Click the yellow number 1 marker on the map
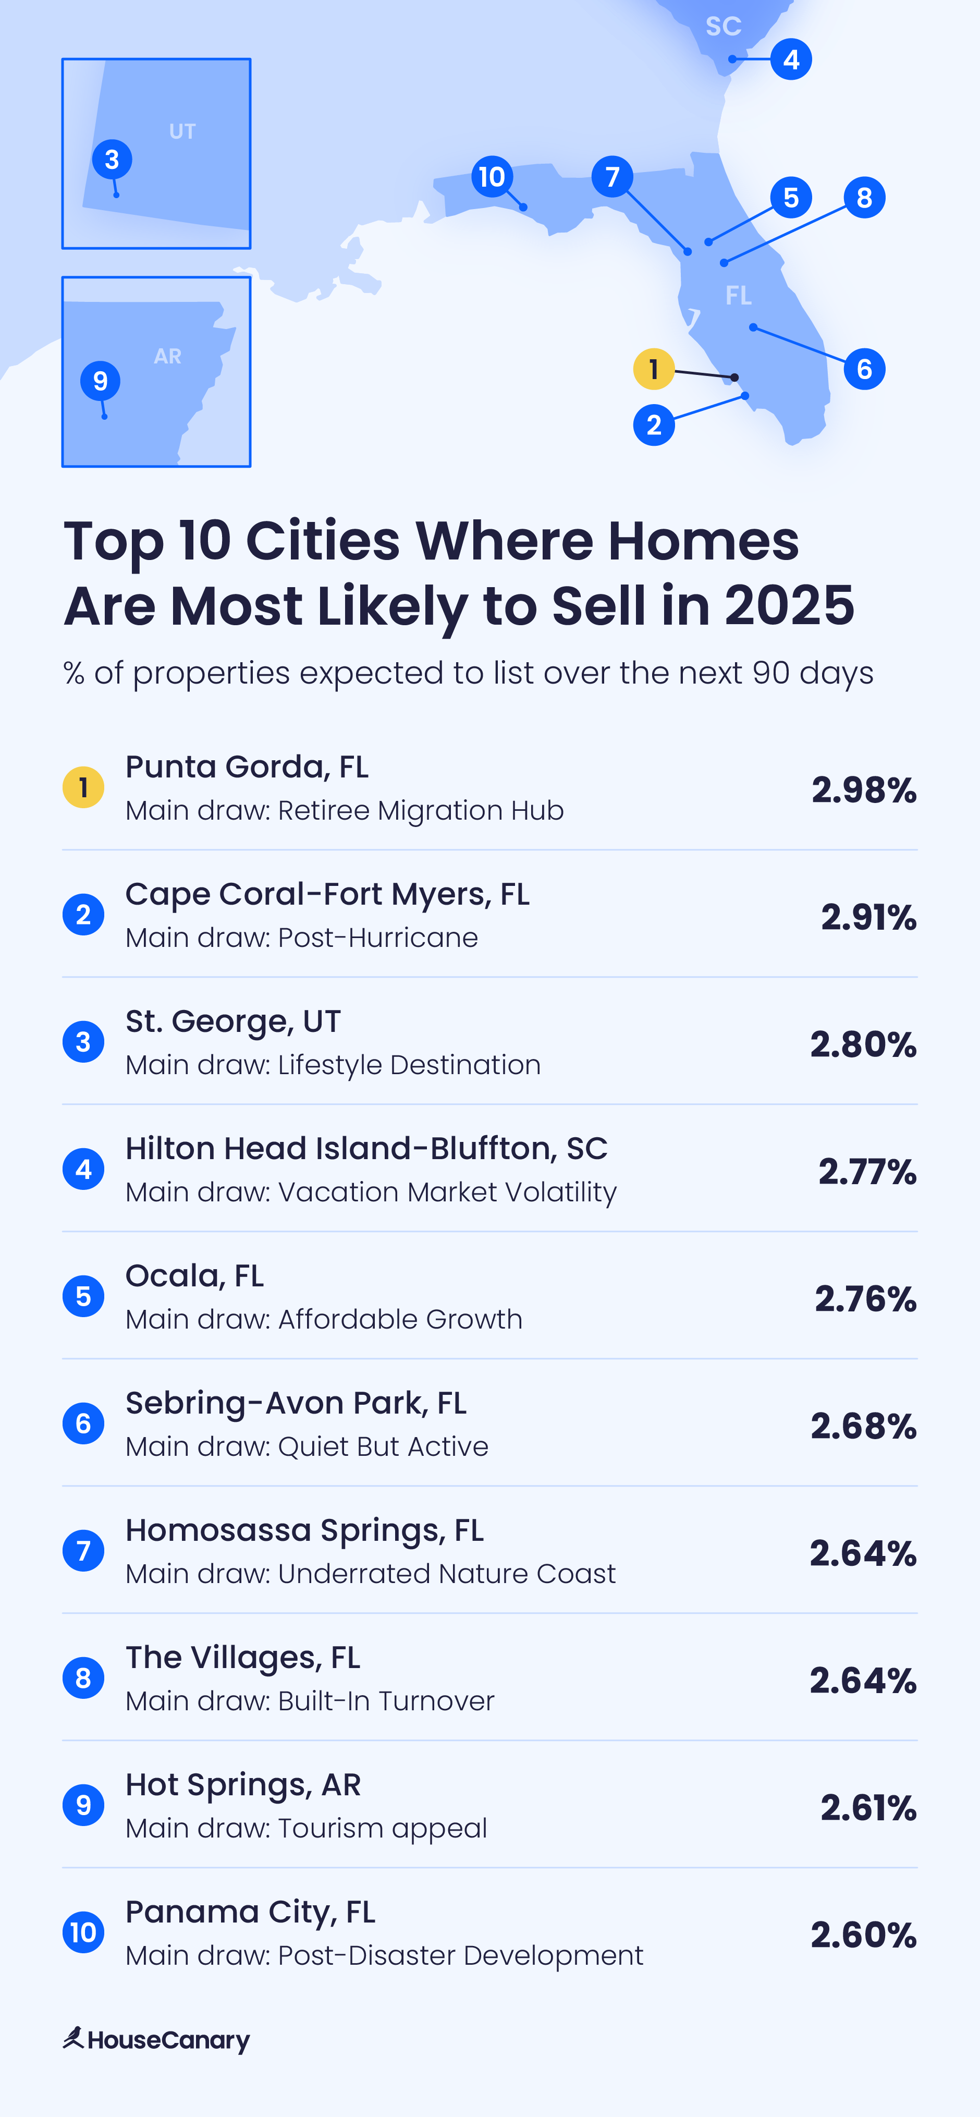click(654, 369)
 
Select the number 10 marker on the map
click(492, 177)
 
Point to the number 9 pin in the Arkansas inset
click(100, 381)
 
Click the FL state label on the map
click(738, 296)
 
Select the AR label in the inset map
click(167, 356)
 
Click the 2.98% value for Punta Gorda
click(863, 790)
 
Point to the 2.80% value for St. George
click(863, 1044)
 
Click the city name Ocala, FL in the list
click(194, 1275)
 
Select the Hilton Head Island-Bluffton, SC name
click(366, 1148)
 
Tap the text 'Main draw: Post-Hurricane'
click(301, 938)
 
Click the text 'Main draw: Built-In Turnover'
click(310, 1700)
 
